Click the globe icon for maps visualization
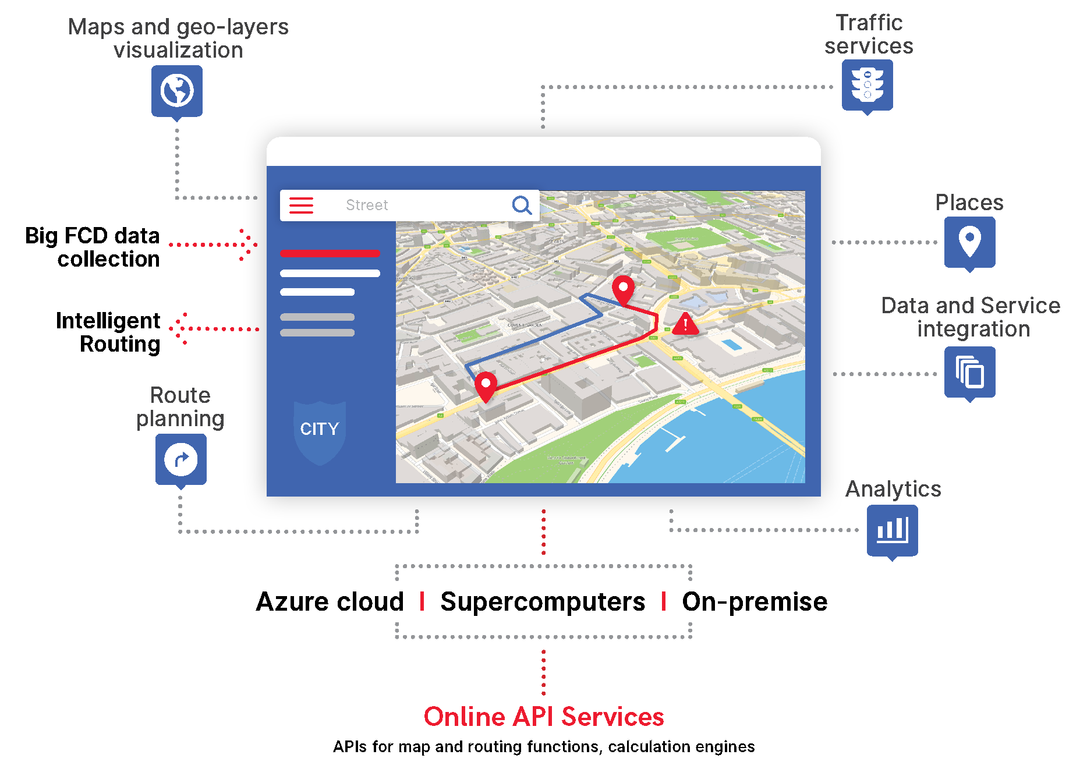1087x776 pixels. point(177,90)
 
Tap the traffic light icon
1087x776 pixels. point(867,84)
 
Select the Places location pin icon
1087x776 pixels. point(969,241)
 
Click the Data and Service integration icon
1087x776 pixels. point(969,372)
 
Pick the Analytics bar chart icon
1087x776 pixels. point(892,530)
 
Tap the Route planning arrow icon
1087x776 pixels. point(180,459)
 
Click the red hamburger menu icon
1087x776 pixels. point(301,205)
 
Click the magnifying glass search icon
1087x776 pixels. point(522,205)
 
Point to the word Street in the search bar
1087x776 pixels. point(367,205)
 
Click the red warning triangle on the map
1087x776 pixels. point(685,324)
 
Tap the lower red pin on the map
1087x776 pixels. point(486,386)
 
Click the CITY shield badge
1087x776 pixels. point(320,431)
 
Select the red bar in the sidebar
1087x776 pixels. point(330,253)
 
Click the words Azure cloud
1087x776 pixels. point(330,601)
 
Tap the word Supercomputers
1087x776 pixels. point(543,601)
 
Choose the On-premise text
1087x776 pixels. point(755,601)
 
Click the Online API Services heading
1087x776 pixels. point(544,717)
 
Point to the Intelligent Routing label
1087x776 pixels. point(108,332)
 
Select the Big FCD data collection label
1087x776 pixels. point(93,247)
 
